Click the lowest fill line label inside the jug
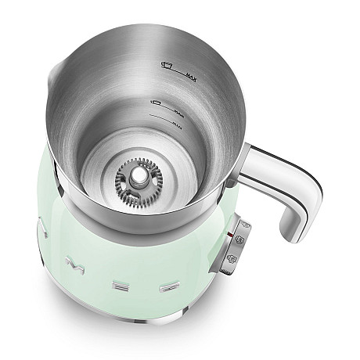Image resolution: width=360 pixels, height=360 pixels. pos(178,122)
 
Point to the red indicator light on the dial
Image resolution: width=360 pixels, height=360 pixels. pos(229,232)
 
